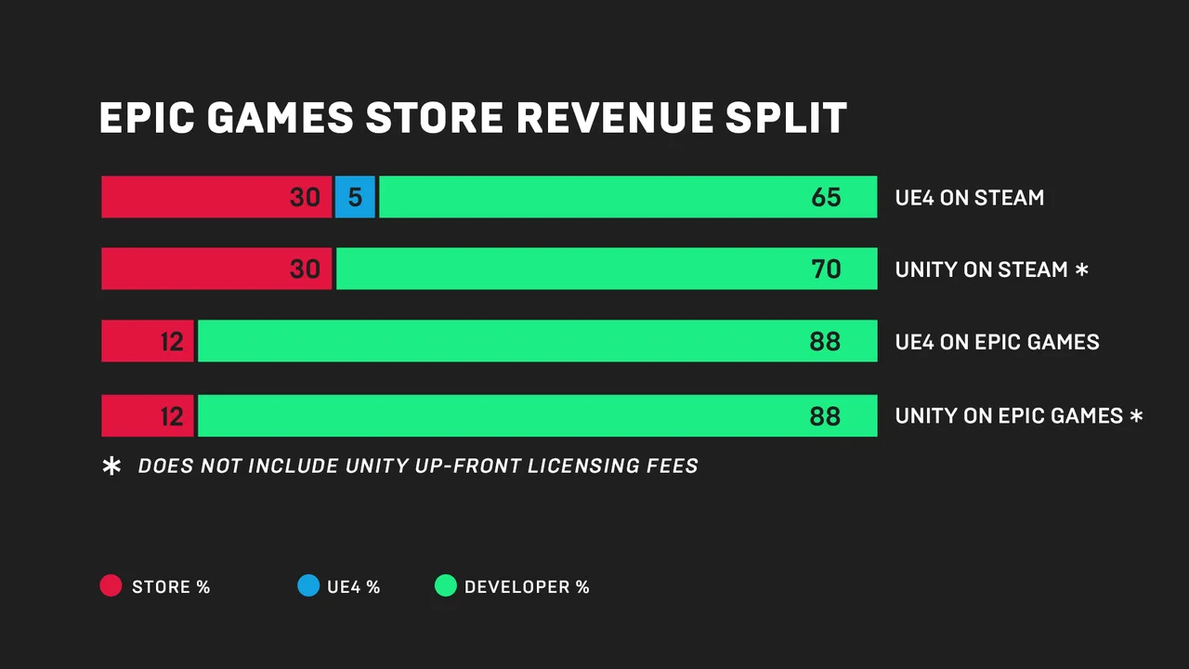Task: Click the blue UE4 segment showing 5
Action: click(x=354, y=197)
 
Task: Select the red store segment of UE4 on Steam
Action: click(x=216, y=197)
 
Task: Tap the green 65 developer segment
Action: click(x=627, y=197)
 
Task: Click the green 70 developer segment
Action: click(x=606, y=269)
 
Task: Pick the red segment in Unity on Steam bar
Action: click(x=216, y=269)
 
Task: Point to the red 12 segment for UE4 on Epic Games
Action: click(x=148, y=341)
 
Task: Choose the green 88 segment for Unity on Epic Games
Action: click(x=537, y=415)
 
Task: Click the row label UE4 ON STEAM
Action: click(x=969, y=198)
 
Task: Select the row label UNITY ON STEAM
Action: click(x=981, y=269)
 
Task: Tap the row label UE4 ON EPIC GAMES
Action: click(x=997, y=342)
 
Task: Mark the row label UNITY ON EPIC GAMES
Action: click(x=1009, y=415)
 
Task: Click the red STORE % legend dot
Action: click(x=111, y=586)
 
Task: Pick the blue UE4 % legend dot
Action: click(x=307, y=586)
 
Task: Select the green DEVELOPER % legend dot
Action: click(x=446, y=586)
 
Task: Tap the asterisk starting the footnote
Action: click(x=111, y=466)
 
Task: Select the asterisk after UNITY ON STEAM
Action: click(x=1081, y=269)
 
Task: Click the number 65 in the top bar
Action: click(x=825, y=197)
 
